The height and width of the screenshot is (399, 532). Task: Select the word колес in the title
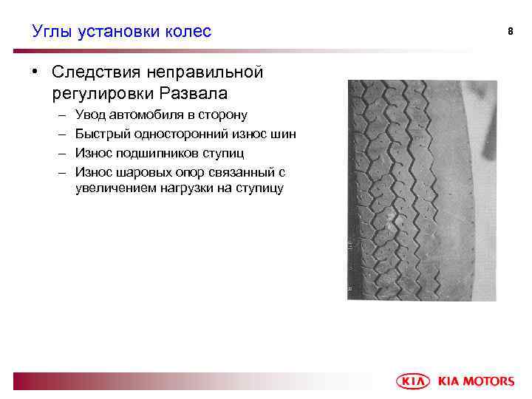click(188, 31)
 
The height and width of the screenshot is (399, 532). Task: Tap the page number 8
click(510, 31)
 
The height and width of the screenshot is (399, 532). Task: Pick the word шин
click(284, 134)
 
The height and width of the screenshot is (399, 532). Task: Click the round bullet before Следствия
click(35, 72)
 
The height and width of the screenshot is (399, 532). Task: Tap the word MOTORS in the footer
click(488, 381)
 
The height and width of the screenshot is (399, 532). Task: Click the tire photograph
click(412, 189)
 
